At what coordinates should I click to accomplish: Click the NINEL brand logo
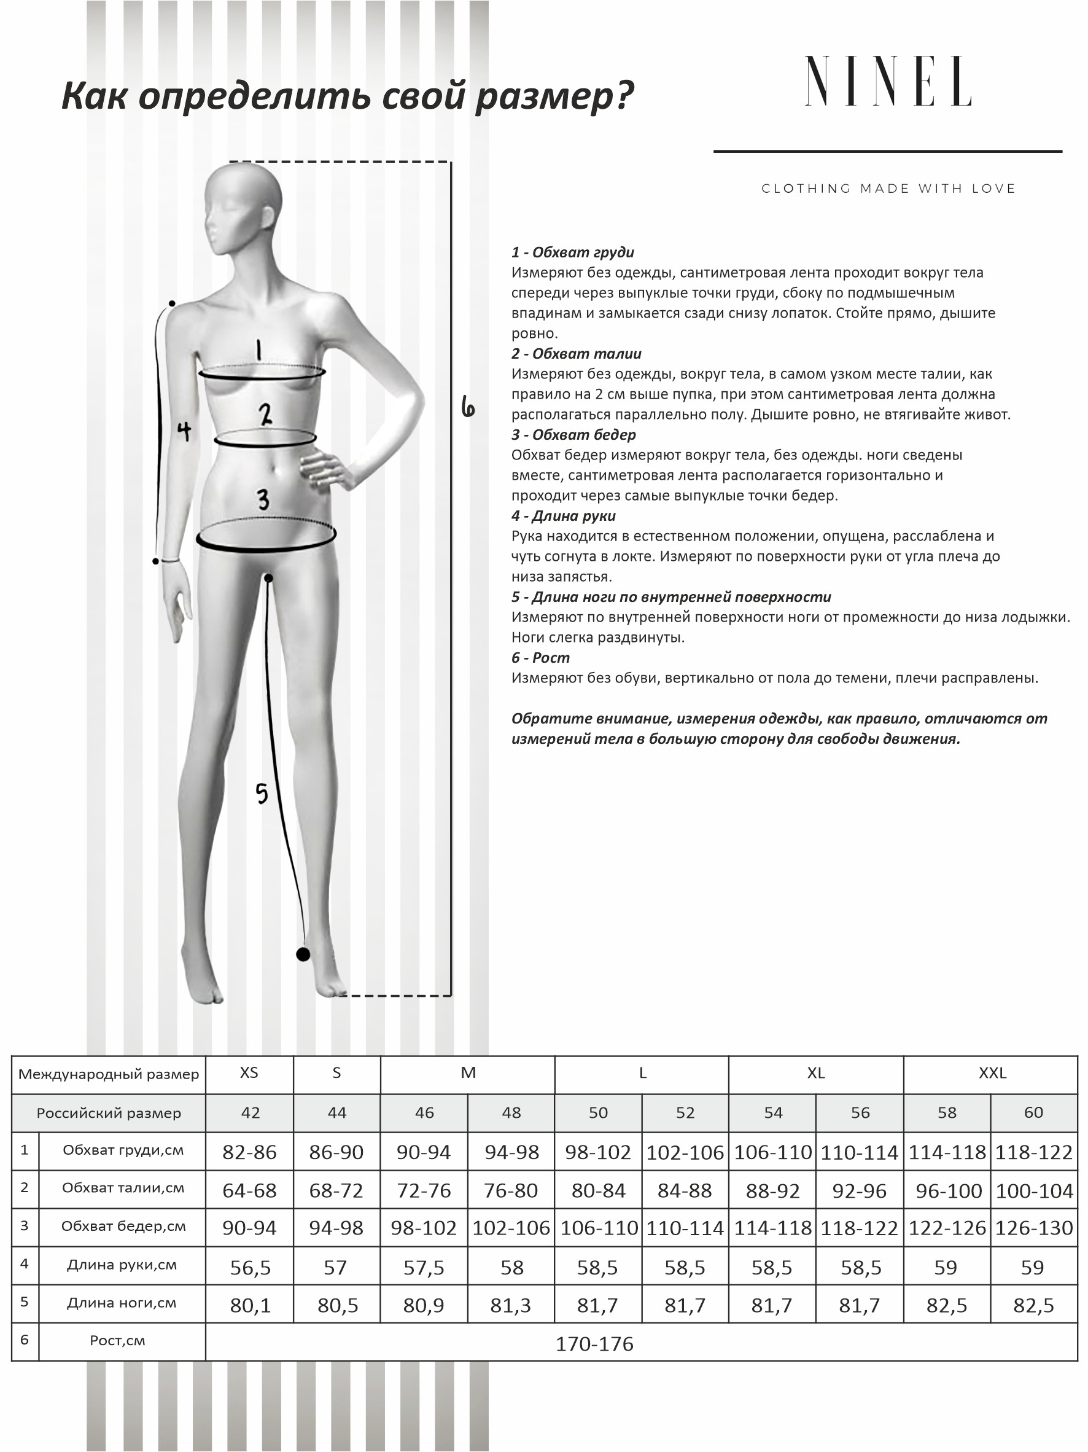click(x=888, y=82)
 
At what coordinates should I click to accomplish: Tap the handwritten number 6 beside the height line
click(x=467, y=407)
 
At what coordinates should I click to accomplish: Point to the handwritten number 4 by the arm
click(x=184, y=431)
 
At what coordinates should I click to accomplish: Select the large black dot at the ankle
click(x=303, y=954)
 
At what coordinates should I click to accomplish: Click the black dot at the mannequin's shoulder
click(x=172, y=303)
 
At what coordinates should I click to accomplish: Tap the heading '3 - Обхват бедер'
click(x=573, y=434)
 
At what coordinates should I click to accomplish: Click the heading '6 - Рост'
click(x=541, y=657)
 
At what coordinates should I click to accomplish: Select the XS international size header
click(x=249, y=1072)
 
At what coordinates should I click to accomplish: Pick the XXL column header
click(x=992, y=1072)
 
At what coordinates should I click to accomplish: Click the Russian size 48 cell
click(x=511, y=1112)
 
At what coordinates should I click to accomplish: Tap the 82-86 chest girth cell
click(x=249, y=1152)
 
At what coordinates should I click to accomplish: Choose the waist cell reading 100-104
click(x=1033, y=1190)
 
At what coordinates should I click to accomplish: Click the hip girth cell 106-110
click(x=599, y=1227)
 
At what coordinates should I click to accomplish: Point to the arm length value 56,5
click(x=250, y=1267)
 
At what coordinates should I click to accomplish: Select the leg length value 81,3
click(x=510, y=1305)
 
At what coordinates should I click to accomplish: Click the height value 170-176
click(x=594, y=1344)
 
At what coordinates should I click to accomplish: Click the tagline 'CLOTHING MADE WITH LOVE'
click(x=888, y=189)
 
